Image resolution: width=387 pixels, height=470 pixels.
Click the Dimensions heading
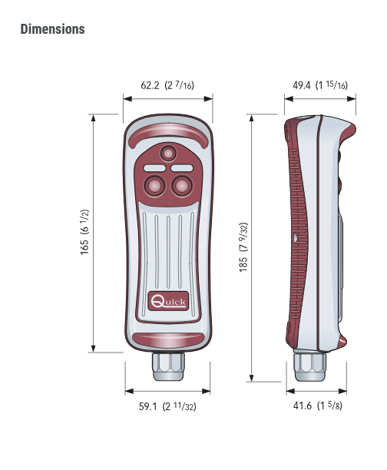click(52, 29)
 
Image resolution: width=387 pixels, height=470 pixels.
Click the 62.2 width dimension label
click(167, 85)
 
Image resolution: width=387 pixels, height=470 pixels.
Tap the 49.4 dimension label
click(320, 85)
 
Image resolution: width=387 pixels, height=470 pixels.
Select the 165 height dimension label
click(84, 232)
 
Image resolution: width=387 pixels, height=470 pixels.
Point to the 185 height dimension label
click(243, 247)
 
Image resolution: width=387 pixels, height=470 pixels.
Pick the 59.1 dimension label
click(167, 406)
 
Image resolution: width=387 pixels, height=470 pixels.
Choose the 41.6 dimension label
click(317, 405)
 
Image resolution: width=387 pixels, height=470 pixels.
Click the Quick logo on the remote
click(168, 301)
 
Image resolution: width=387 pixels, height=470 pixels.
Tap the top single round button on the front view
click(168, 154)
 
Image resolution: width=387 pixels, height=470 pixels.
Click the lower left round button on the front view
click(154, 186)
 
